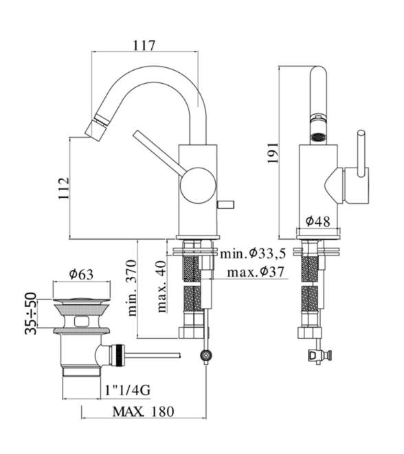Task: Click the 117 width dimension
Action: (144, 45)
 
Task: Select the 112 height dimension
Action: (64, 188)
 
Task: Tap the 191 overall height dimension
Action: (273, 152)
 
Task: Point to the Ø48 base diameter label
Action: (317, 221)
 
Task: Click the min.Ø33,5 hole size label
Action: (253, 254)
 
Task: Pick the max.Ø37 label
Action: (256, 272)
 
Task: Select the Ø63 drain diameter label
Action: (81, 274)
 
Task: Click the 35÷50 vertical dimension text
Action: (32, 314)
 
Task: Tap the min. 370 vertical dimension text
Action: (132, 288)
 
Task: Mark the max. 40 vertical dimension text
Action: (162, 286)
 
